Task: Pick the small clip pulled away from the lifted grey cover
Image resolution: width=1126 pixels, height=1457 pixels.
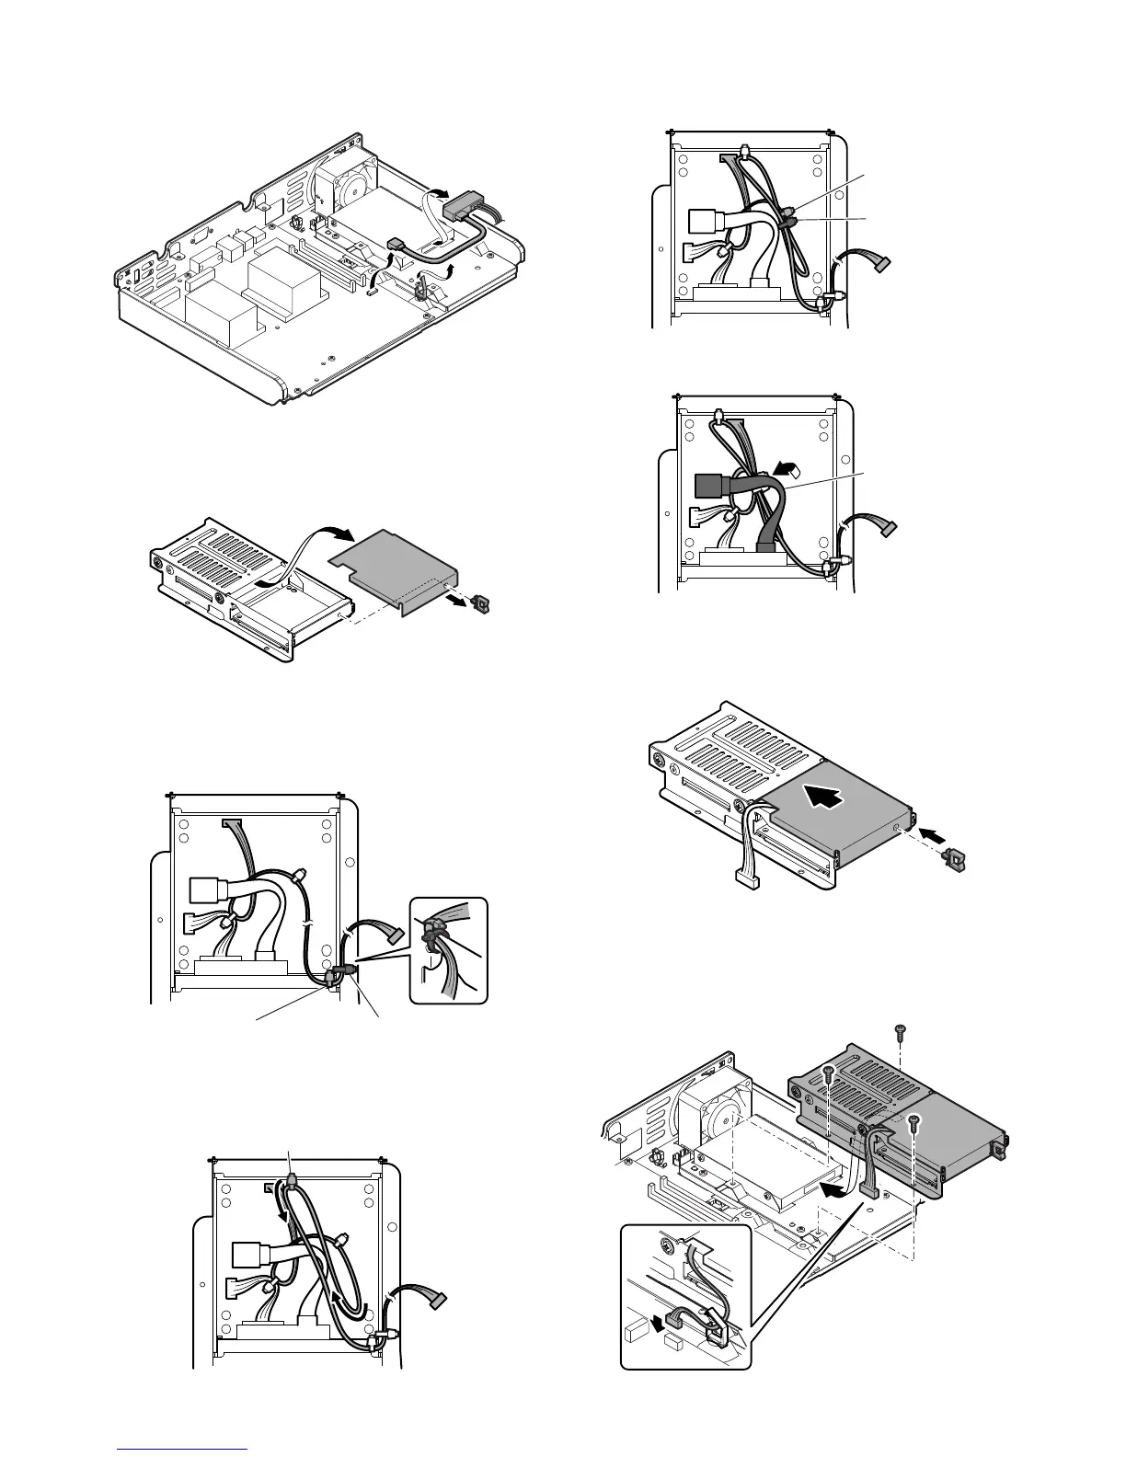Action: (477, 604)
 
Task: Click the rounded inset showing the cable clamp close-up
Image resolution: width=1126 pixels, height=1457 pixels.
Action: (448, 950)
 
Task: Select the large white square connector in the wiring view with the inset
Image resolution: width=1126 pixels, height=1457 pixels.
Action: (205, 889)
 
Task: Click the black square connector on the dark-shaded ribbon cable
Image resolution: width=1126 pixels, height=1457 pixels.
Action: (706, 485)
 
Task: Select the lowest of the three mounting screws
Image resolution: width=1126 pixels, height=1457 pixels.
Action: (913, 1120)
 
